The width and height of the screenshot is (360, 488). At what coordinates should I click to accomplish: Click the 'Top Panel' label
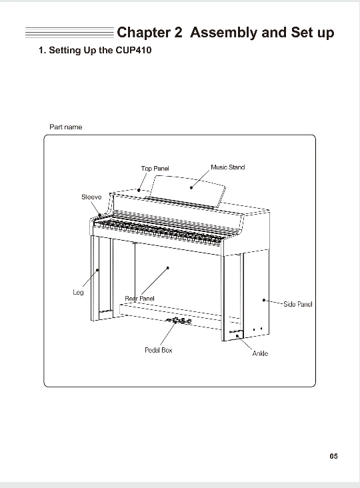(155, 169)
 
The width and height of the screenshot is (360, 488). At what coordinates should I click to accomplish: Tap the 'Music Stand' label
(228, 167)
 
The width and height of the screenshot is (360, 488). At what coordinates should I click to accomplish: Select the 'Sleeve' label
(91, 197)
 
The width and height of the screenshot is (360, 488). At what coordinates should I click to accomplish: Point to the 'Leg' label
(78, 292)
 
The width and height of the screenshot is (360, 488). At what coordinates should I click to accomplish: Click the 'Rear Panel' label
(139, 299)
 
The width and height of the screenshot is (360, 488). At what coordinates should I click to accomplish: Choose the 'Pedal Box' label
(159, 350)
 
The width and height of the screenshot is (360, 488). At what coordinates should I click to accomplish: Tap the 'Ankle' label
(260, 353)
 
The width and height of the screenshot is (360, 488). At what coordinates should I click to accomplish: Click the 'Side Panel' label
(298, 304)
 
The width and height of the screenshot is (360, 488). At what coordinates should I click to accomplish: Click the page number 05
(333, 456)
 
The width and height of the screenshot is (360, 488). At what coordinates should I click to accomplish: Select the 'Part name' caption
(65, 127)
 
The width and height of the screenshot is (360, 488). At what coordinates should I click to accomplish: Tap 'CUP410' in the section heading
(133, 51)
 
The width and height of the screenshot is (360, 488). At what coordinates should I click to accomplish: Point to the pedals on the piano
(179, 321)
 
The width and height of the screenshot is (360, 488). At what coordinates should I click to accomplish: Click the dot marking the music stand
(191, 188)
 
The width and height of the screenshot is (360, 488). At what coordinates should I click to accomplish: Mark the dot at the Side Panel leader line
(264, 300)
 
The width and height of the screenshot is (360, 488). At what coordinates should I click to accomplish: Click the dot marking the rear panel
(168, 267)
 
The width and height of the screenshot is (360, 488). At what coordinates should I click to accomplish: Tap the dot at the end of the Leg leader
(97, 270)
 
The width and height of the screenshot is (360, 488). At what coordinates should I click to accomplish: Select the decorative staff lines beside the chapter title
(70, 33)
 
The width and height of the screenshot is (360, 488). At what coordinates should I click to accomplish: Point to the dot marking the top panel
(139, 190)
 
